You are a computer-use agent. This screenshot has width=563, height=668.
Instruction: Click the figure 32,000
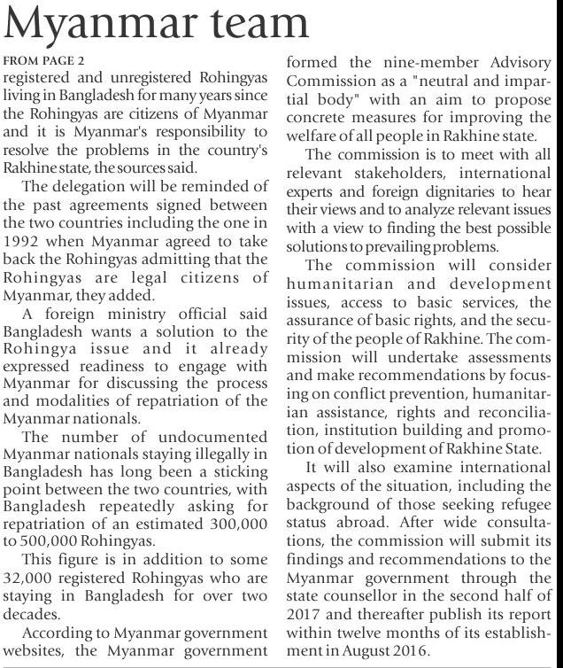coord(33,577)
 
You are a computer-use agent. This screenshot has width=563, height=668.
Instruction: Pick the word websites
coord(33,649)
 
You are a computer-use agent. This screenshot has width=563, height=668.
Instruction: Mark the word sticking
coord(239,470)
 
